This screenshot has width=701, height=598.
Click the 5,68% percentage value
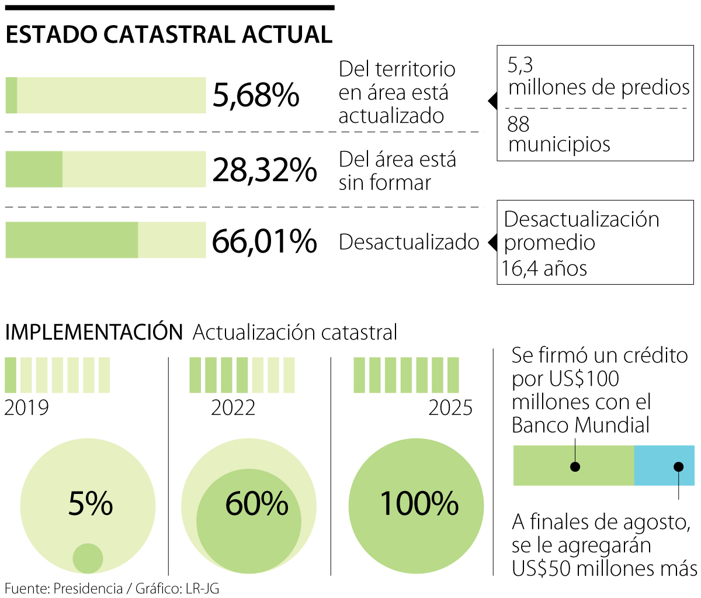[256, 95]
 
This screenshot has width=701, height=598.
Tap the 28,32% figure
[264, 170]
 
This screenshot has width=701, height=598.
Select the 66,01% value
[264, 241]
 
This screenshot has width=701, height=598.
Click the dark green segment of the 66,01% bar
[71, 240]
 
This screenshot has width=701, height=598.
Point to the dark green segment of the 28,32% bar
[34, 169]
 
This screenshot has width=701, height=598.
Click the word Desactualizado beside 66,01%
[409, 242]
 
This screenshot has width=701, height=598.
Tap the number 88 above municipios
[518, 124]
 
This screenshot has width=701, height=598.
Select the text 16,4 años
[544, 269]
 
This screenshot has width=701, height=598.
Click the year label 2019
[27, 407]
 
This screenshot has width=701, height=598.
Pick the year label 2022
[233, 407]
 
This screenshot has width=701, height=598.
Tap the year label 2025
[450, 407]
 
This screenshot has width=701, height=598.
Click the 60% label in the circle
[257, 503]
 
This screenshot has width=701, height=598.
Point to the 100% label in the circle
[419, 503]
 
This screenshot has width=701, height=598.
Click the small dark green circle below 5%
[88, 558]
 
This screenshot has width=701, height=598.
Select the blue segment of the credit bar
[664, 465]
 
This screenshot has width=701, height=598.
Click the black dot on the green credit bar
[575, 466]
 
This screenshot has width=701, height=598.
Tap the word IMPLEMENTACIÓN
[93, 332]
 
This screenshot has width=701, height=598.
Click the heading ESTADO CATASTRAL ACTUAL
[169, 35]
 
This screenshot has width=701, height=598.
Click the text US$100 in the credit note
[584, 379]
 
